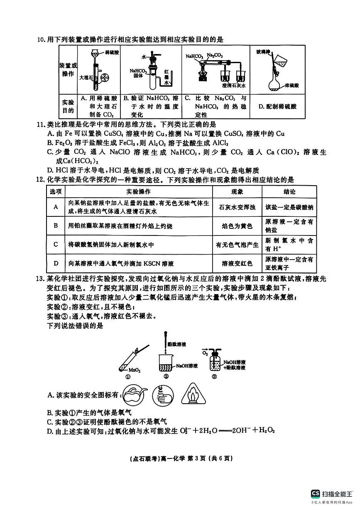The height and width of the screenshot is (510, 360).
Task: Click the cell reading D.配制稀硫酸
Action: tap(277, 106)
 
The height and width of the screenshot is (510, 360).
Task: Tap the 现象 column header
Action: tap(237, 191)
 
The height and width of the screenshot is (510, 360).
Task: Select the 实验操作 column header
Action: tap(139, 191)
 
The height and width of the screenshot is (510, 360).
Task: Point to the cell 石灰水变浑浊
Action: tap(237, 207)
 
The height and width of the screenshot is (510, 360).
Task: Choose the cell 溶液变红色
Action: tap(237, 263)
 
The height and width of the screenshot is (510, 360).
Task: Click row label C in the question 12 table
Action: tap(56, 245)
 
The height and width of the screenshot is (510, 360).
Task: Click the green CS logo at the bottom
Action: tap(316, 493)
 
